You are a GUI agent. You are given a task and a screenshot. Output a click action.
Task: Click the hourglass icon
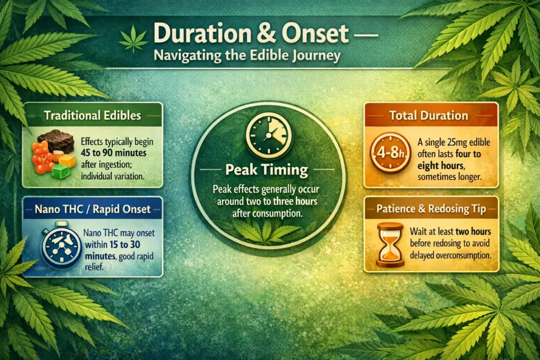tap(389, 244)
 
